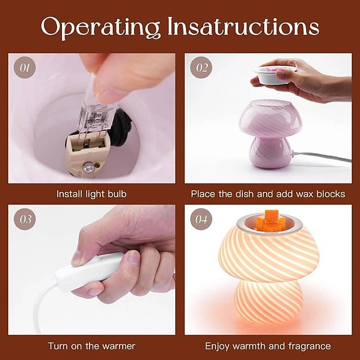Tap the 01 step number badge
(x=24, y=68)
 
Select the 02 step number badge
(x=201, y=68)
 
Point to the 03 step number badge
(x=24, y=219)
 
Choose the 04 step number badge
(x=201, y=219)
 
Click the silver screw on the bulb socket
(x=88, y=167)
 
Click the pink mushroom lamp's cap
(x=270, y=120)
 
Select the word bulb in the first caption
(x=117, y=194)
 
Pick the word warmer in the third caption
(x=119, y=346)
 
